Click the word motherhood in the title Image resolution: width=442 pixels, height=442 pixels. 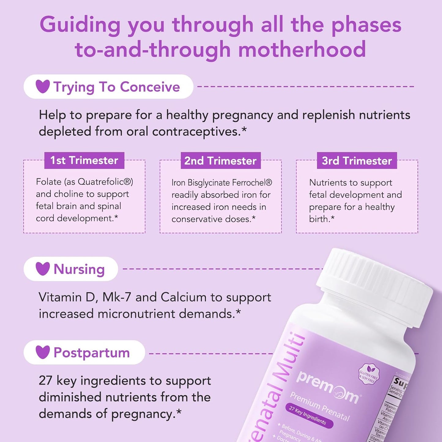[302, 50]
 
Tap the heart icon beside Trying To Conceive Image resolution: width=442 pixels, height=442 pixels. [43, 86]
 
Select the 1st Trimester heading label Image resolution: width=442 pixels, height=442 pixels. [84, 160]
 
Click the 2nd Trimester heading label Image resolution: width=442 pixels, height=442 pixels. [221, 161]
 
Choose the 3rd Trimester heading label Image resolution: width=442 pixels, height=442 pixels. [357, 161]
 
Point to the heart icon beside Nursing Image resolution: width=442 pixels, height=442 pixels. [43, 269]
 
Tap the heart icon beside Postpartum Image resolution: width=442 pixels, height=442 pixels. [43, 352]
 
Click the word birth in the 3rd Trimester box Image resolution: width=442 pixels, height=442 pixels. [319, 219]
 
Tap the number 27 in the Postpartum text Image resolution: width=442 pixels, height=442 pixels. [46, 381]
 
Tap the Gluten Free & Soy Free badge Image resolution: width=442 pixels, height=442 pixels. [369, 374]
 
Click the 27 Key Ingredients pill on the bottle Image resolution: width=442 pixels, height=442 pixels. [307, 416]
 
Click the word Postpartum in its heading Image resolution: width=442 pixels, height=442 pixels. [91, 352]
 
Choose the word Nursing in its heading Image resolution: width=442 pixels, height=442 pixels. [79, 269]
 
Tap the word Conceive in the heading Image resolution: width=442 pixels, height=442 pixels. [150, 87]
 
